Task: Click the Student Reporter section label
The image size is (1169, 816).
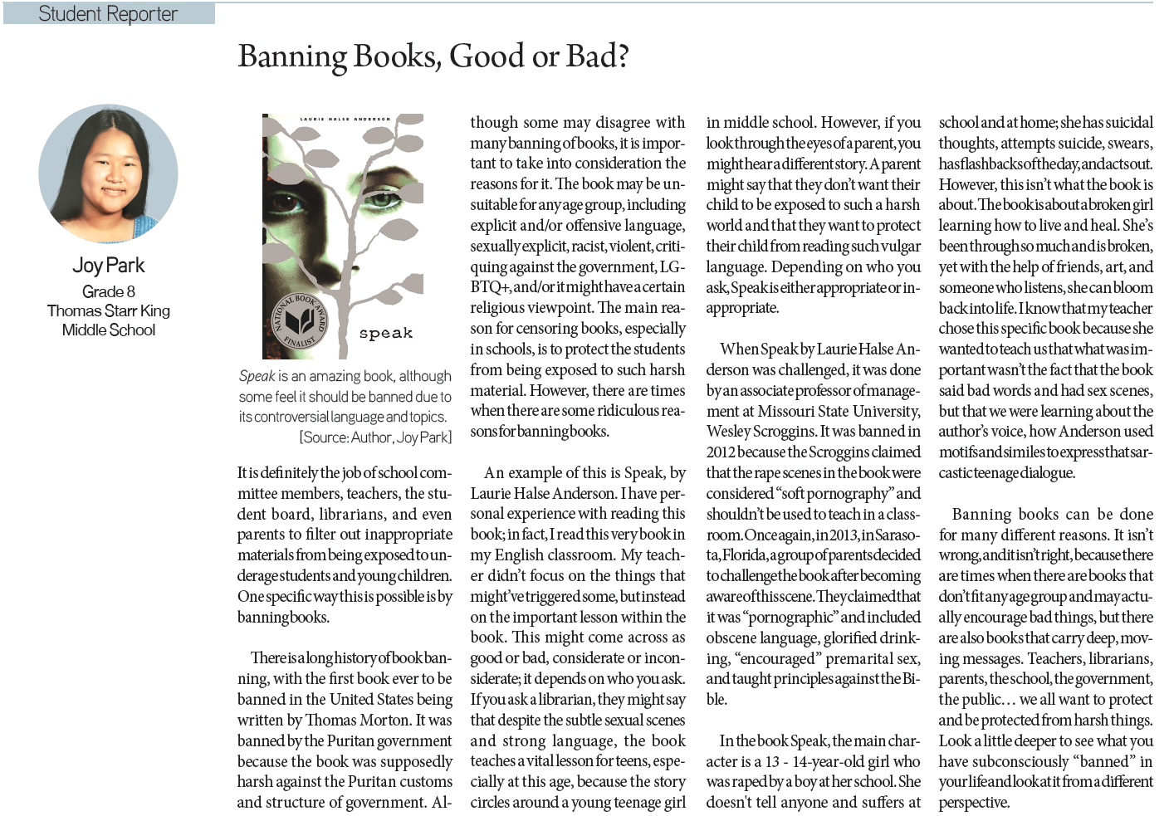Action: [x=108, y=14]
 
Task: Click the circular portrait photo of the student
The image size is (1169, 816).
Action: [x=108, y=173]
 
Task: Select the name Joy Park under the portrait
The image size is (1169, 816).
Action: [x=108, y=266]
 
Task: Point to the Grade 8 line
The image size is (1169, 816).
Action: [x=108, y=291]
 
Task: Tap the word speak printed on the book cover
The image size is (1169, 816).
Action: [x=385, y=333]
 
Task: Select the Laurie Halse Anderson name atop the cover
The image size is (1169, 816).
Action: [x=343, y=120]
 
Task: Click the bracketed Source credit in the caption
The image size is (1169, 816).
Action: [x=375, y=437]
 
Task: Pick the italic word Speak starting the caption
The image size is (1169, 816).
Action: [x=257, y=376]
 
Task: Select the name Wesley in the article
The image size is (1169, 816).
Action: [x=728, y=432]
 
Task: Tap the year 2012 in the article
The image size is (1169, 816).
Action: [x=723, y=452]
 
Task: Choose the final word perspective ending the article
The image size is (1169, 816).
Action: [x=973, y=803]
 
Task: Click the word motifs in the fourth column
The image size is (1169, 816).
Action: [x=960, y=452]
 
